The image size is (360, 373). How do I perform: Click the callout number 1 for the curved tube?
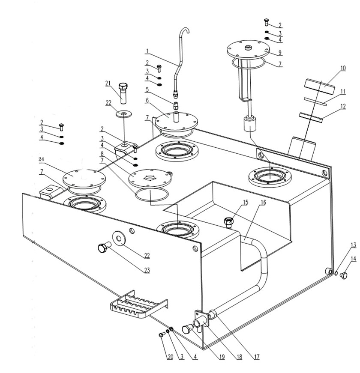point(147,51)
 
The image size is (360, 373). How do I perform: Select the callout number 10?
point(343,68)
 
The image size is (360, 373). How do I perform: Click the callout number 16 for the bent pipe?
point(263,203)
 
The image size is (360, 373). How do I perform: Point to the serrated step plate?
point(138,304)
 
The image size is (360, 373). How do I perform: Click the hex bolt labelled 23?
point(104,247)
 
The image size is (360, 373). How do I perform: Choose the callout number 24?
point(42,159)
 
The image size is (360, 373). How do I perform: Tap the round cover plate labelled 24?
point(84,179)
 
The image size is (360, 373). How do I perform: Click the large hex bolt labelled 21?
point(123,93)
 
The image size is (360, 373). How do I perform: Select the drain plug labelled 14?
point(344,275)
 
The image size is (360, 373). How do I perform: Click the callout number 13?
point(353,245)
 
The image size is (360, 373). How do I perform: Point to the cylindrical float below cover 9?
point(250,123)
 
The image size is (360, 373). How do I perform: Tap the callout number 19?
point(222,357)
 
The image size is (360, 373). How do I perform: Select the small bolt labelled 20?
point(162,334)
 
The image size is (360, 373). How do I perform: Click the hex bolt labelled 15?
point(228,222)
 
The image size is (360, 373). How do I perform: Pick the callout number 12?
point(343,106)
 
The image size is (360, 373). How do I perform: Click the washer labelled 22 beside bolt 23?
point(120,237)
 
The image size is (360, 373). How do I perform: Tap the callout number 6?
point(147,100)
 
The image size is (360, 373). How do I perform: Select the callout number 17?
point(256,357)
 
